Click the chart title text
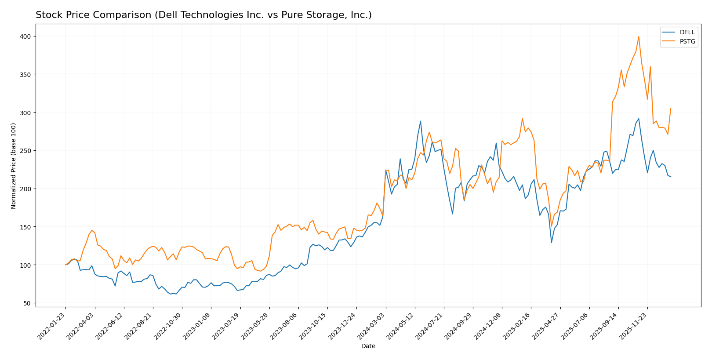pyautogui.click(x=203, y=15)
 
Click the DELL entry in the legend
pyautogui.click(x=687, y=33)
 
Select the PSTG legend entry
pyautogui.click(x=687, y=42)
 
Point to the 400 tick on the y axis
pyautogui.click(x=27, y=36)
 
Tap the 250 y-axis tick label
pyautogui.click(x=27, y=151)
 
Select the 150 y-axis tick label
pyautogui.click(x=27, y=227)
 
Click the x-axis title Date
pyautogui.click(x=368, y=346)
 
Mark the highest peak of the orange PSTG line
pyautogui.click(x=639, y=36)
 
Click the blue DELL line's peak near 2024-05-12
pyautogui.click(x=420, y=121)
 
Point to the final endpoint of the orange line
pyautogui.click(x=671, y=108)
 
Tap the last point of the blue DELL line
pyautogui.click(x=671, y=177)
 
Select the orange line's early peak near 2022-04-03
pyautogui.click(x=92, y=230)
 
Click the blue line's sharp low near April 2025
pyautogui.click(x=551, y=243)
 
